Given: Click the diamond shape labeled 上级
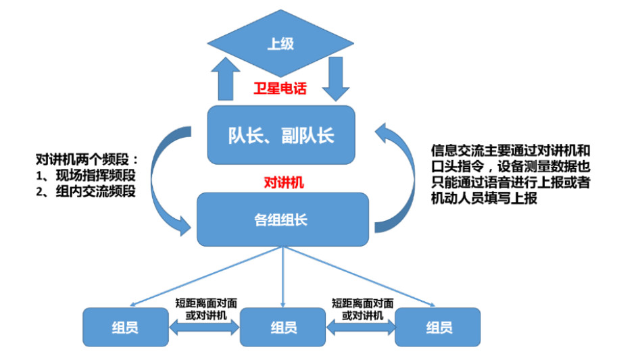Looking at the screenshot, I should (x=280, y=45).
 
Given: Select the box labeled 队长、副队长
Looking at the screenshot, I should (x=280, y=134).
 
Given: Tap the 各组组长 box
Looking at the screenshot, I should (x=282, y=219).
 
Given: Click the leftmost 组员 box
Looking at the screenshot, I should (x=125, y=328).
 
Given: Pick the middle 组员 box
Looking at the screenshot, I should (x=283, y=328).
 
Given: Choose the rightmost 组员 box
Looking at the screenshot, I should (x=438, y=328).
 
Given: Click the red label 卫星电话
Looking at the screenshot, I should (x=280, y=88).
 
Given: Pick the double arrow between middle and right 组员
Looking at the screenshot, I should (x=361, y=328).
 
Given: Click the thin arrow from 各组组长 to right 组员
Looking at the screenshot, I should (x=365, y=278).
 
